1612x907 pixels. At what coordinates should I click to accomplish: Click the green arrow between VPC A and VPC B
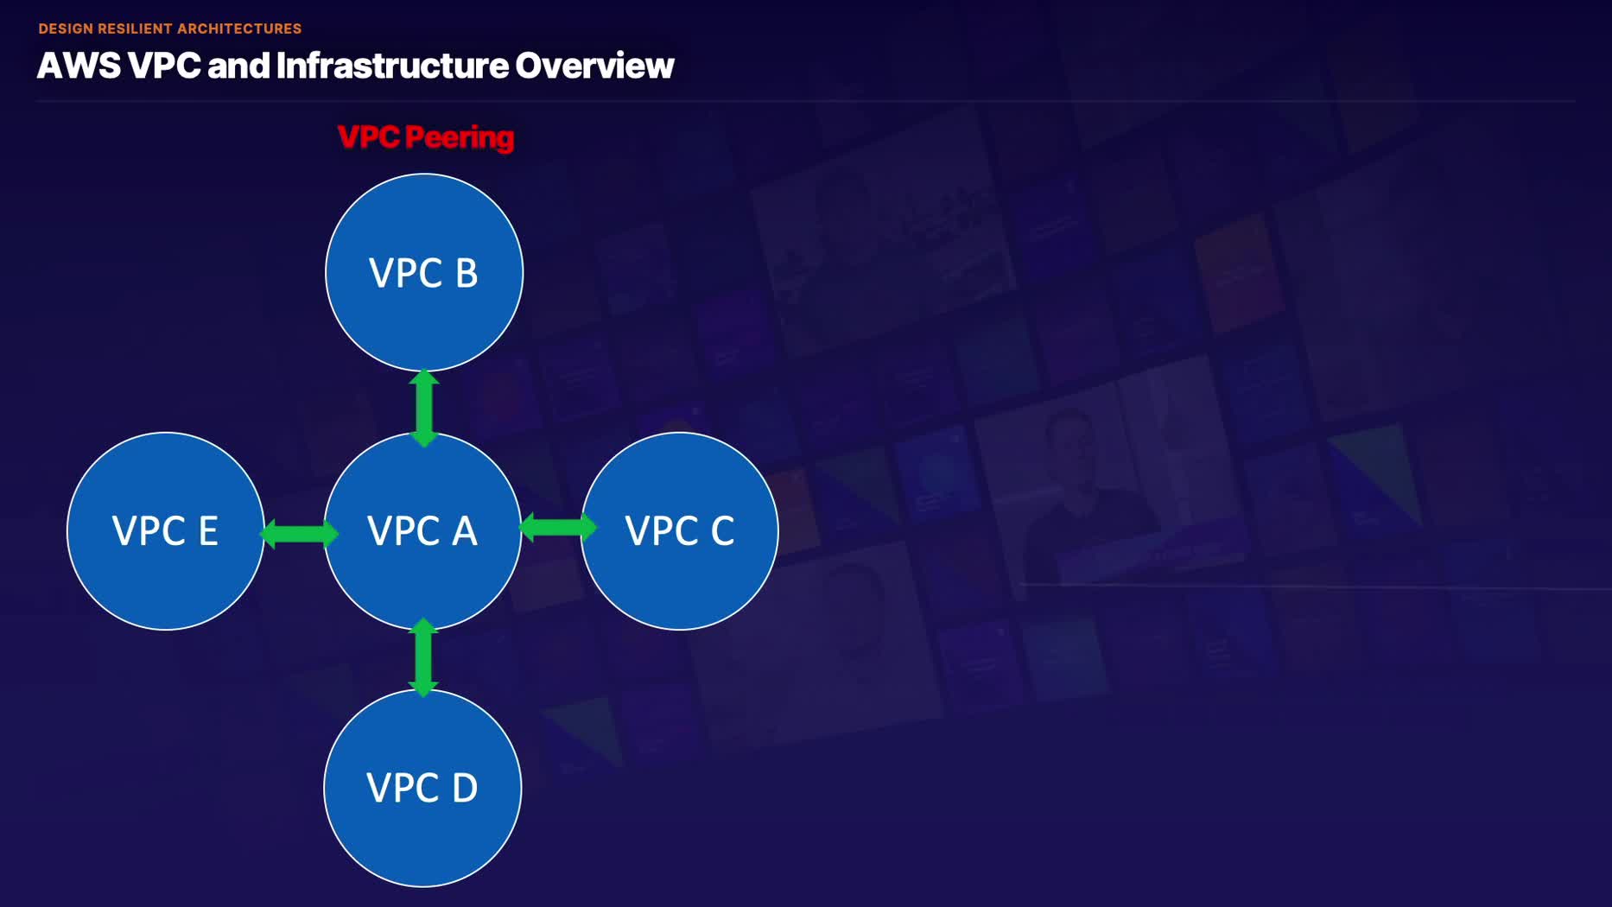click(x=424, y=408)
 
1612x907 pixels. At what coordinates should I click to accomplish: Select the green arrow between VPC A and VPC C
click(x=558, y=526)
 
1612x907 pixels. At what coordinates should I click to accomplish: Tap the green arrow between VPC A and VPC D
click(x=423, y=657)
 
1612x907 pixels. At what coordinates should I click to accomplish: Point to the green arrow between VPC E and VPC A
click(x=299, y=533)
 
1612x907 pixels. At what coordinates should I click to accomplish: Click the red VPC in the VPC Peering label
click(x=368, y=137)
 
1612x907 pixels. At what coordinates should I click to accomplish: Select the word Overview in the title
click(x=594, y=66)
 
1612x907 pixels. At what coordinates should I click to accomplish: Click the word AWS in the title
click(x=79, y=66)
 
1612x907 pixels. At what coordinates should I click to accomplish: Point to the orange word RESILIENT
click(x=135, y=29)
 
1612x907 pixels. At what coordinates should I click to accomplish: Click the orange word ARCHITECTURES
click(x=239, y=29)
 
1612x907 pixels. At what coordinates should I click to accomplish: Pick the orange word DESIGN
click(x=66, y=29)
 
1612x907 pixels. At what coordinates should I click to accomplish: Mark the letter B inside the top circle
click(x=466, y=273)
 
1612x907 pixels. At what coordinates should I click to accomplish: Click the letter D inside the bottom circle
click(x=465, y=789)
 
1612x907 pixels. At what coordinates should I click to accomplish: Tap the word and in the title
click(x=238, y=66)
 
